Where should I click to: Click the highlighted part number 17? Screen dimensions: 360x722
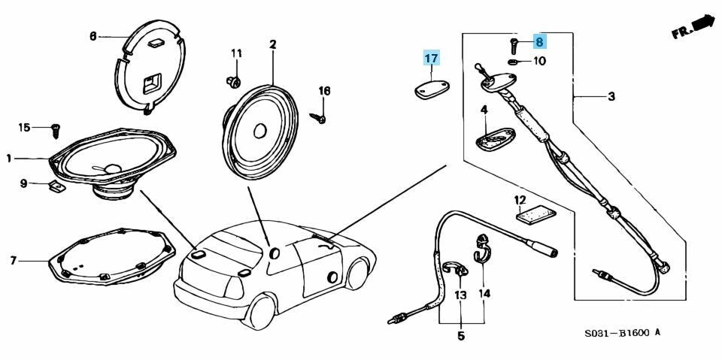tap(431, 58)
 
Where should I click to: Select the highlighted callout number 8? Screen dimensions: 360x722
tap(539, 42)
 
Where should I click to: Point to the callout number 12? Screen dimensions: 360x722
tap(520, 200)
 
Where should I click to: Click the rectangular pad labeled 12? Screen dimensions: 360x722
tap(535, 214)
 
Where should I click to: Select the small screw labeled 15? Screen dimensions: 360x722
tap(55, 131)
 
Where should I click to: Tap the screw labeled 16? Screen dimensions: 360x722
tap(319, 117)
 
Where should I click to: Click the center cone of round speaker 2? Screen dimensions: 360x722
tap(260, 129)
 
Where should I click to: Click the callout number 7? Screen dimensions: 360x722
tap(13, 261)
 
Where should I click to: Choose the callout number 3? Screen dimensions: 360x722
tap(611, 96)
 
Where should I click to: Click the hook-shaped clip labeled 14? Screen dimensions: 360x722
tap(481, 249)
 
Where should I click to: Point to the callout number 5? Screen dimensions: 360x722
tap(461, 336)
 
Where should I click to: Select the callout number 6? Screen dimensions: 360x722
tap(93, 35)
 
